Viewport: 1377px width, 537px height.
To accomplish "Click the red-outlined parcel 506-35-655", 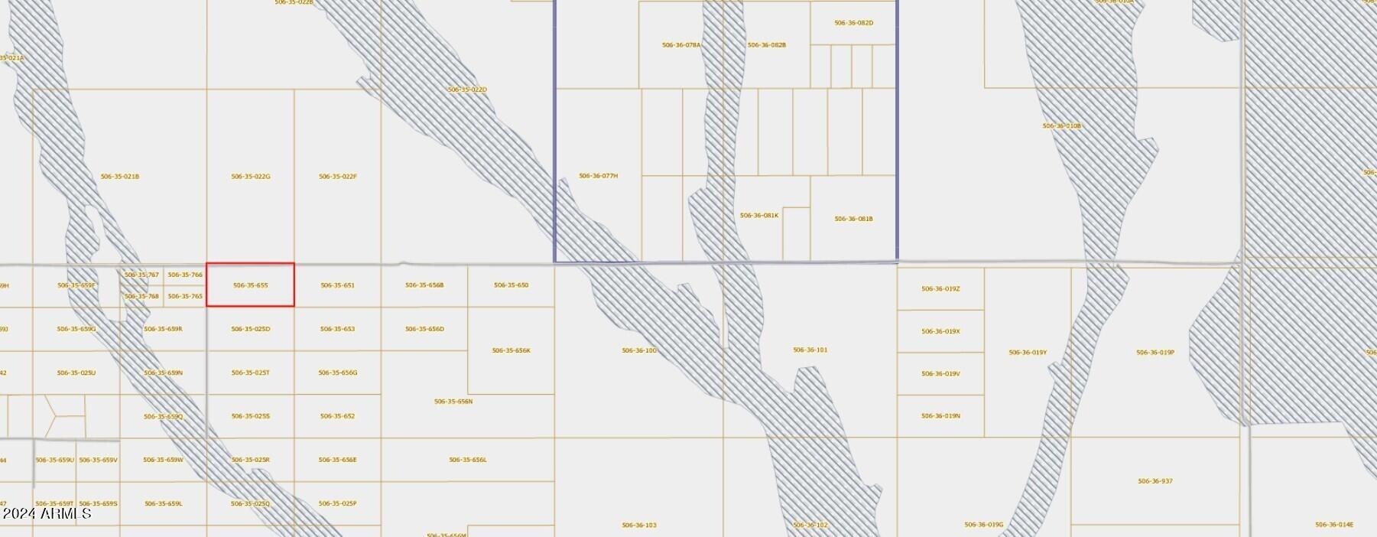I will click(x=250, y=285).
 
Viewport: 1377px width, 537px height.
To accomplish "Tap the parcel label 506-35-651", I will click(x=337, y=285).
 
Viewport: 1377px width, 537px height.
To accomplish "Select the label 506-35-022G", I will click(x=251, y=177).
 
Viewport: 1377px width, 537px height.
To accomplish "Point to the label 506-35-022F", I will click(x=338, y=177).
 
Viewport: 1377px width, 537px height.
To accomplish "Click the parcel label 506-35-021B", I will click(x=120, y=177).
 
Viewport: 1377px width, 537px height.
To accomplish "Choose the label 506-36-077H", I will click(x=599, y=176).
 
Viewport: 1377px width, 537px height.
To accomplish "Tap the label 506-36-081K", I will click(x=759, y=216).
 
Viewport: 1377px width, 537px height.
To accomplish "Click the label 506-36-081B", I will click(x=853, y=219).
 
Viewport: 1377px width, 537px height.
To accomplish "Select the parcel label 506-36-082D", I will click(x=853, y=23).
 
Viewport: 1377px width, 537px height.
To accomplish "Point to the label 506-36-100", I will click(x=639, y=350).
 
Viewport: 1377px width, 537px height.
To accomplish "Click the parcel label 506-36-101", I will click(x=810, y=350).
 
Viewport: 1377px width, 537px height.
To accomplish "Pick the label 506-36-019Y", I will click(x=1028, y=353).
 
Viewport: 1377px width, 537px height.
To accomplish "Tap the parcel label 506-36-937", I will click(x=1155, y=481).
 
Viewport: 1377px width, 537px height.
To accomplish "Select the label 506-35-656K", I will click(x=512, y=350).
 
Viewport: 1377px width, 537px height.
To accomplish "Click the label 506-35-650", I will click(x=512, y=285).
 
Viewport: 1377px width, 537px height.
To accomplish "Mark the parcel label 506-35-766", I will click(x=185, y=275).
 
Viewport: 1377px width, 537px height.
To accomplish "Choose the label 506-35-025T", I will click(x=251, y=373).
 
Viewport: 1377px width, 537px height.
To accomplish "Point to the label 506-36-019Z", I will click(x=940, y=289).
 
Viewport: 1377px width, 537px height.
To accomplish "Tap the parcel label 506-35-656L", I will click(x=468, y=460).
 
